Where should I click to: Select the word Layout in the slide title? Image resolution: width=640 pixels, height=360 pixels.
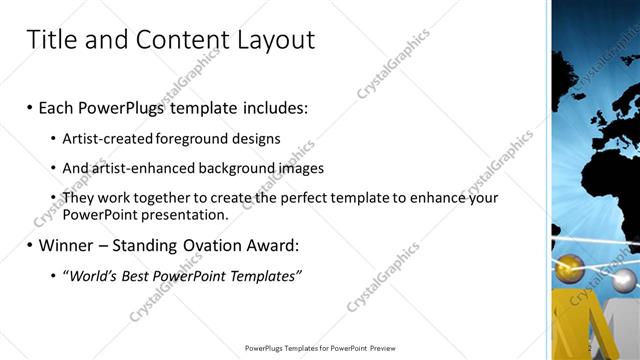(275, 40)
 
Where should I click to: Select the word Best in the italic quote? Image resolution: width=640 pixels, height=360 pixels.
(144, 275)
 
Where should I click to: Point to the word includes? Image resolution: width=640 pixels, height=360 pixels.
(271, 107)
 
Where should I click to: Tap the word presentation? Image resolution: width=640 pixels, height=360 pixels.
(186, 214)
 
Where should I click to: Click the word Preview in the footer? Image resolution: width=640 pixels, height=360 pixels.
(385, 348)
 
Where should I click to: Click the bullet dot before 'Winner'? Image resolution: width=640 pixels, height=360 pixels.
(30, 245)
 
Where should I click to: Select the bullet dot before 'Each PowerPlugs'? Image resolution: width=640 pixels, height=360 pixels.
(30, 107)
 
